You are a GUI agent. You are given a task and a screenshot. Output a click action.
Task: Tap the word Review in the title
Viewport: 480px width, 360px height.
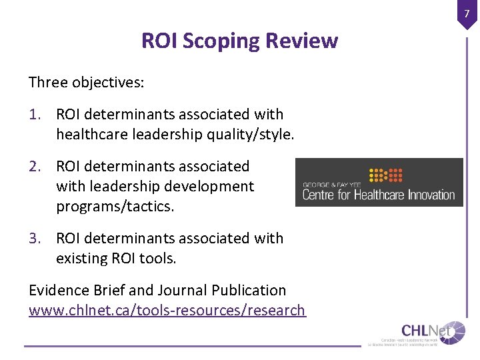(x=301, y=41)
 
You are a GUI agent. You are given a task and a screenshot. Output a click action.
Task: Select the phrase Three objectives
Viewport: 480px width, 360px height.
(x=87, y=83)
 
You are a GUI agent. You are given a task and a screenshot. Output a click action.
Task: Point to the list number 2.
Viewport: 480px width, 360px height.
(x=36, y=167)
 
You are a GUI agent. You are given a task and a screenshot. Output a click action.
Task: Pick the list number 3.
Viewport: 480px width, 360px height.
(x=36, y=239)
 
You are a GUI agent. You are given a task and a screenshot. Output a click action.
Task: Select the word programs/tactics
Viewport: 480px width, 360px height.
(x=115, y=207)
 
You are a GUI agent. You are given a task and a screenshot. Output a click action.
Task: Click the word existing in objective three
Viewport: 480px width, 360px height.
(x=81, y=259)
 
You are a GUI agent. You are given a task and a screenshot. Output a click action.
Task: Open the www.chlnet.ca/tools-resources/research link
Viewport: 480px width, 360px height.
(x=167, y=311)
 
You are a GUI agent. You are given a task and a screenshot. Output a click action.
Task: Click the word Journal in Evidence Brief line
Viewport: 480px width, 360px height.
(x=182, y=291)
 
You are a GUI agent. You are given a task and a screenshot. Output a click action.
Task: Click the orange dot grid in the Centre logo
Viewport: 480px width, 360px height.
(x=386, y=175)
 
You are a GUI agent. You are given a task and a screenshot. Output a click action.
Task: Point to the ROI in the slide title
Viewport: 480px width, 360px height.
(x=158, y=41)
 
